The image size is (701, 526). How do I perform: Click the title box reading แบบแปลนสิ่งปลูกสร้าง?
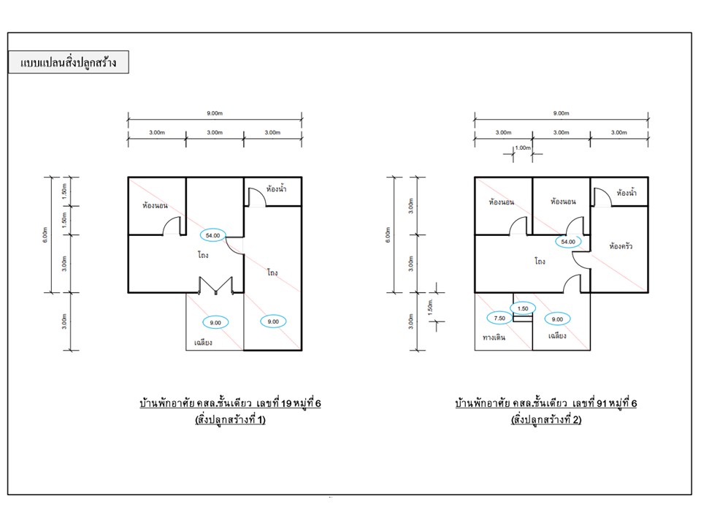coord(69,62)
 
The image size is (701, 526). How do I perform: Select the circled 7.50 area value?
coord(499,319)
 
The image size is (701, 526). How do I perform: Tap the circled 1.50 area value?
coord(523,308)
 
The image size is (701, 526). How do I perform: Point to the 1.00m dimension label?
coord(523,148)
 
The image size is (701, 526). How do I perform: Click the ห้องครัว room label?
coord(621,246)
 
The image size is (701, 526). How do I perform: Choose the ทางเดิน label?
coord(494,338)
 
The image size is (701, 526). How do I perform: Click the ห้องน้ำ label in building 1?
coord(276,188)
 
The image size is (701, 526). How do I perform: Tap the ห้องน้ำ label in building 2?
coord(627,193)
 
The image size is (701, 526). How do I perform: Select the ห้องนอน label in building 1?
coord(155,205)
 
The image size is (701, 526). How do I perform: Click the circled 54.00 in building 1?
coord(212,235)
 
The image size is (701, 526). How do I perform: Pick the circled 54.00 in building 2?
coord(568,242)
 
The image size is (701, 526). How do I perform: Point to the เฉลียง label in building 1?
coord(203,343)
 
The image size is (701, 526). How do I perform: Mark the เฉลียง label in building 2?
coord(557,335)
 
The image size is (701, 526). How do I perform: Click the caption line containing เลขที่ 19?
coord(230,403)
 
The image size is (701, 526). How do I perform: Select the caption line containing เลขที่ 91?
coord(546,403)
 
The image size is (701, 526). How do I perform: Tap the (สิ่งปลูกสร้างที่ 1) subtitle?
coord(230,419)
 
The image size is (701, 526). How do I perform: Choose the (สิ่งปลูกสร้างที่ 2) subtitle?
coord(546,419)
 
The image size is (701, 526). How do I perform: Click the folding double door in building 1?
coord(215,286)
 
